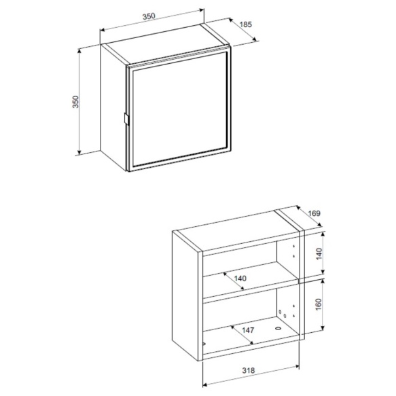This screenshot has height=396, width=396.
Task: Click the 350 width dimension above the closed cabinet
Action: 149,16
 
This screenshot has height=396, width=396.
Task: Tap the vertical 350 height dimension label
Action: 76,102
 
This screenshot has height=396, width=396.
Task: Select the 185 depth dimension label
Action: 245,24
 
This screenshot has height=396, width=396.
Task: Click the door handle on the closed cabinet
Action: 126,119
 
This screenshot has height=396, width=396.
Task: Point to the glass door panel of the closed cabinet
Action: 179,109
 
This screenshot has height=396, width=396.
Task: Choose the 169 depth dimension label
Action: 314,213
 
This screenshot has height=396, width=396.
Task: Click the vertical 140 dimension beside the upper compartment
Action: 319,254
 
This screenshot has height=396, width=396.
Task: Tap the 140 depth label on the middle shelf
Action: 240,278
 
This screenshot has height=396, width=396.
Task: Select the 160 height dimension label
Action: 319,304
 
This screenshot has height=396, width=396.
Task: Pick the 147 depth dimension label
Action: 248,330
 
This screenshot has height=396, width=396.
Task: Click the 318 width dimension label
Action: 249,370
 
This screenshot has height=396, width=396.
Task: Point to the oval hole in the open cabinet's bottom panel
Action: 278,329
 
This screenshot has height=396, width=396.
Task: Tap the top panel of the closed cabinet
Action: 166,45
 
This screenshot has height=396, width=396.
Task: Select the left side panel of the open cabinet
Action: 185,296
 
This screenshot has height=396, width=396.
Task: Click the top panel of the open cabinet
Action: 238,230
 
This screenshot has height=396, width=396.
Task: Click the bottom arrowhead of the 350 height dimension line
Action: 79,151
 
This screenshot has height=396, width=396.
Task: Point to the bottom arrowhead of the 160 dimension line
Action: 322,328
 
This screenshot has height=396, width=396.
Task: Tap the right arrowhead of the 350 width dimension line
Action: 202,10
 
